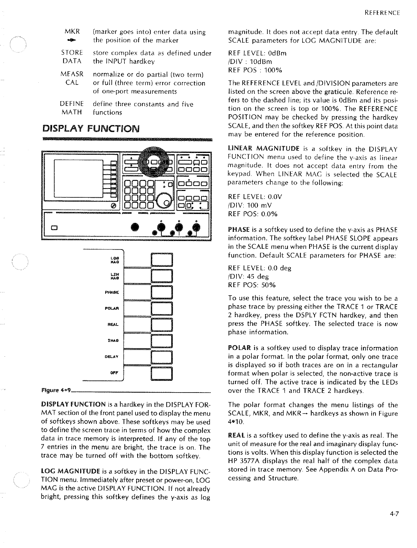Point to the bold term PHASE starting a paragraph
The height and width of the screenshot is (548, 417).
(239, 229)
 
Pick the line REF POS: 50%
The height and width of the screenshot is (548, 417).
(252, 285)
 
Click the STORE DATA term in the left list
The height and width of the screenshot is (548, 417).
(72, 57)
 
